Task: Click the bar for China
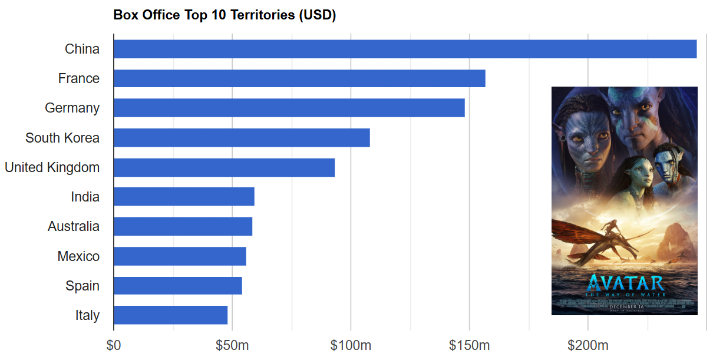coord(405,49)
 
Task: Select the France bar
coord(299,78)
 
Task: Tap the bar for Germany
coord(289,108)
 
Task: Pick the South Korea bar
coord(242,138)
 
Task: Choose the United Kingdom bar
coord(224,167)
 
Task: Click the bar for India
coord(184,197)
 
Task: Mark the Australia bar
coord(183,226)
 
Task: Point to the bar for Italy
coord(170,315)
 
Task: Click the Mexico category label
coord(78,256)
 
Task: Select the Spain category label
coord(82,286)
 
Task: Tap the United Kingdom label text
coord(52,167)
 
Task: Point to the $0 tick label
coord(114,345)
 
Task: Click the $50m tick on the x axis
coord(232,345)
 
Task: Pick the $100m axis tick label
coord(351,345)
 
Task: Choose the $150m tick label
coord(470,345)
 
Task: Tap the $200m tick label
coord(588,345)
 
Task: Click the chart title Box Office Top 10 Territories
coord(225,15)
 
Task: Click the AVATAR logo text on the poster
coord(625,283)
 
